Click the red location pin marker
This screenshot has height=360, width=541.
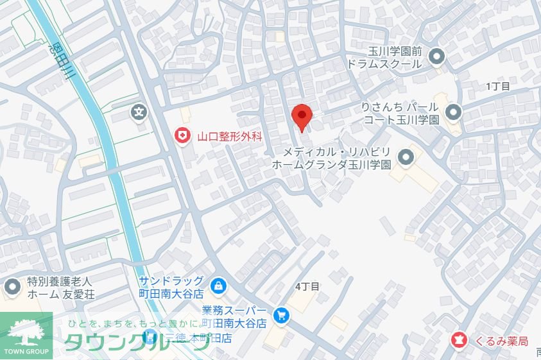pos(302,117)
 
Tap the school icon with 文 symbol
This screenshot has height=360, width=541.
pos(139,112)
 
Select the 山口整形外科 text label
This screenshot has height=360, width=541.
pos(230,135)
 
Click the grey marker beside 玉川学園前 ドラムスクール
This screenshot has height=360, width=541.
pos(437,58)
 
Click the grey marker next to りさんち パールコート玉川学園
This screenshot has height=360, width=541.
pos(454,112)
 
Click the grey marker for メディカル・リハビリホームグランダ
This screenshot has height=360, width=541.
pos(406,157)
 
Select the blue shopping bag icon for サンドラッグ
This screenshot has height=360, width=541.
pos(218,285)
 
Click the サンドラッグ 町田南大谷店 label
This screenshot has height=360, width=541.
pos(171,287)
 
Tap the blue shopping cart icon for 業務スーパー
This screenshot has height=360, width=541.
pos(280,315)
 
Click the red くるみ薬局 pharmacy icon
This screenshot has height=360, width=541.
pos(459,338)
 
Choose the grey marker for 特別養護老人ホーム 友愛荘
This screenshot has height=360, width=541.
pos(12,287)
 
